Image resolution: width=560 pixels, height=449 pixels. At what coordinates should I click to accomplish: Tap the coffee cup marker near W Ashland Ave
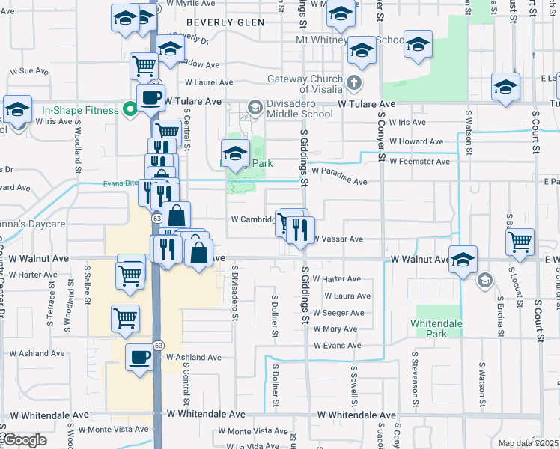pos(139,358)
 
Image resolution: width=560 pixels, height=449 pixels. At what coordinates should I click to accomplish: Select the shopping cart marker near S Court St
pos(520,242)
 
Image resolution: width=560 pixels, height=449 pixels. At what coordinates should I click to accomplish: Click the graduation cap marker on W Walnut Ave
pos(463,259)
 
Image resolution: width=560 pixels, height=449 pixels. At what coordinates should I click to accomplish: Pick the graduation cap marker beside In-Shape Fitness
pos(17,109)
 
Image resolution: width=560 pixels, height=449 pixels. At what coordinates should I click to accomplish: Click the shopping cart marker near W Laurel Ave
pos(143,66)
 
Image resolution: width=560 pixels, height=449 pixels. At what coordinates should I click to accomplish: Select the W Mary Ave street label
pos(335,329)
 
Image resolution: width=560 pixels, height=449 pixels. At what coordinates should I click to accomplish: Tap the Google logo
pos(24,440)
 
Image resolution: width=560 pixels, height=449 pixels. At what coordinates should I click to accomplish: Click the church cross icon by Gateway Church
pos(353,82)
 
